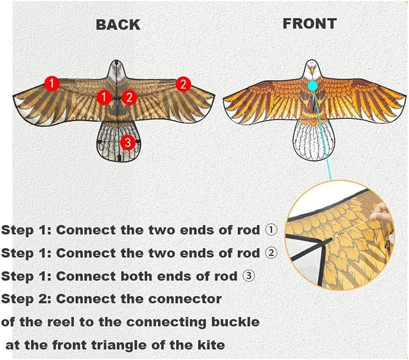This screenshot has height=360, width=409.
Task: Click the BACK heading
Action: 118,25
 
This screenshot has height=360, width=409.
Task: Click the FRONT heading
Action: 310,24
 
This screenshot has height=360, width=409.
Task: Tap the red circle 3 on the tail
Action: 128,143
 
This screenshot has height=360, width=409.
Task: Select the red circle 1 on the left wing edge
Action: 52,84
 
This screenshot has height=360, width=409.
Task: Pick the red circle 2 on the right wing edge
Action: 183,84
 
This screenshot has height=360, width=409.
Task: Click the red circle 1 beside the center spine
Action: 104,97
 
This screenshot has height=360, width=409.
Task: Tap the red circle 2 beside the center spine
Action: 129,98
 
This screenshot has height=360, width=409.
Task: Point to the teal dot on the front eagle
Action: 312,85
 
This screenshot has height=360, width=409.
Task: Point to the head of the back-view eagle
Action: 116,70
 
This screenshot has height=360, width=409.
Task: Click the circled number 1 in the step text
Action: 271,230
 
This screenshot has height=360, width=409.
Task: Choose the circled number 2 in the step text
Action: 271,253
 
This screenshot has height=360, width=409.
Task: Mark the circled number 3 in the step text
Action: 249,276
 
